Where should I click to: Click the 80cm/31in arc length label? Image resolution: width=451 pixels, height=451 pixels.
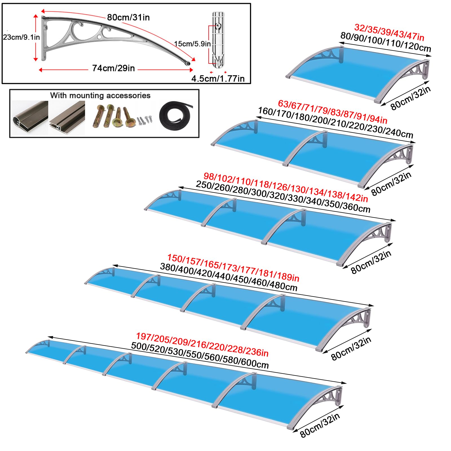point(128,17)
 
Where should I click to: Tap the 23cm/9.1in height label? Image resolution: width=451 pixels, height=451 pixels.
point(21,37)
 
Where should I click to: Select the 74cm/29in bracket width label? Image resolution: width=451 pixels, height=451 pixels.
point(113,68)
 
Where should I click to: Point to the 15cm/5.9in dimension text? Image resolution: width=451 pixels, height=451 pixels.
point(192,44)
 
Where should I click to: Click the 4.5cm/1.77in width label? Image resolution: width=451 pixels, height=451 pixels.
point(218,79)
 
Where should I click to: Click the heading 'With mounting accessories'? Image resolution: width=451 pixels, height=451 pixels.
point(100,96)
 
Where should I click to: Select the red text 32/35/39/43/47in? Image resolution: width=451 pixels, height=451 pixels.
point(389,32)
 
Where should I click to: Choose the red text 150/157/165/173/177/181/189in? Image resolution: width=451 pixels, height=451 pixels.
point(233,267)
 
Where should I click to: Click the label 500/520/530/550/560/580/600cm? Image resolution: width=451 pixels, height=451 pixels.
point(200,355)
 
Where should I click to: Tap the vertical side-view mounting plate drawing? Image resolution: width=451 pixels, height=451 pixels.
point(218,39)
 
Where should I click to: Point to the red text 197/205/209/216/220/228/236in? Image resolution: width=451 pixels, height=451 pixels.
point(202,344)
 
